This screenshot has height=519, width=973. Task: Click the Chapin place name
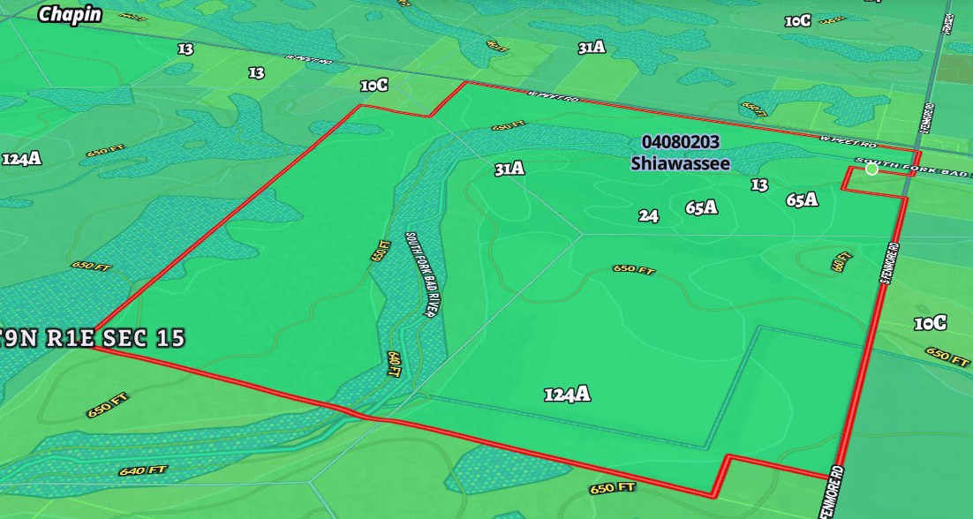71,14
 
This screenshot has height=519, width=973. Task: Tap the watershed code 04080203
680,142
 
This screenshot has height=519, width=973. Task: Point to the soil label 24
649,215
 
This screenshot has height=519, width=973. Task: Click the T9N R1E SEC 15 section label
93,338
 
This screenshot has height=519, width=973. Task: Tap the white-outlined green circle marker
872,169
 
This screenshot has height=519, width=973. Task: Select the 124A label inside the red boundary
567,395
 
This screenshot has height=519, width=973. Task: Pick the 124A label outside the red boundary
22,159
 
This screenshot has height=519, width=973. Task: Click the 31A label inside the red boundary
509,169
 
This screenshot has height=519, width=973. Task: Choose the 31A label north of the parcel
592,48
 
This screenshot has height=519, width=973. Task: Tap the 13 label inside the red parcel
759,184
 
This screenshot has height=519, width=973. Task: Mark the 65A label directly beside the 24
701,207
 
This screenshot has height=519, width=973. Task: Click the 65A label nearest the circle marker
802,199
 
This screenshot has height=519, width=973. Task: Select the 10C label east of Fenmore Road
931,323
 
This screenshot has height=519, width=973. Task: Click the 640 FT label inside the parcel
394,363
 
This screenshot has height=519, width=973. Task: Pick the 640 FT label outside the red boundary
143,470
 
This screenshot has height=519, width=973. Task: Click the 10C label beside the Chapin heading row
797,20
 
